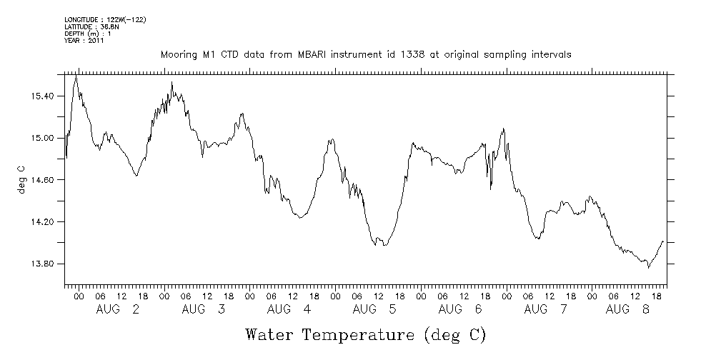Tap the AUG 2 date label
click(x=118, y=309)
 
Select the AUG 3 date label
click(x=204, y=309)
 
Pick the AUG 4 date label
click(x=289, y=309)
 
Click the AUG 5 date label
click(x=375, y=309)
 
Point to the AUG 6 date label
click(x=461, y=309)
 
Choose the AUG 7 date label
click(x=547, y=309)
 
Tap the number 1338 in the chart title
click(x=399, y=54)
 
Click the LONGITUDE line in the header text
click(x=105, y=19)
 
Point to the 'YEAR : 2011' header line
click(x=85, y=41)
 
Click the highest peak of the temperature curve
click(x=76, y=75)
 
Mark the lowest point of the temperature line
click(x=648, y=268)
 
